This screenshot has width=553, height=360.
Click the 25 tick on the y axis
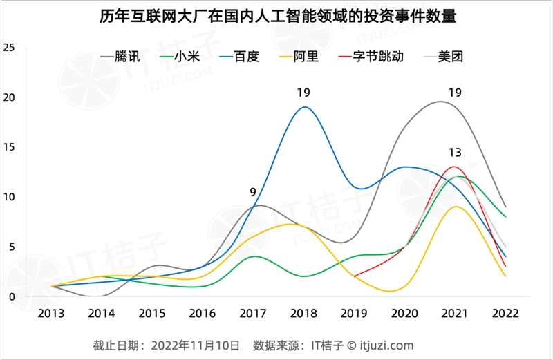tap(9, 48)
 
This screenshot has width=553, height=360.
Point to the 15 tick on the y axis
tap(9, 147)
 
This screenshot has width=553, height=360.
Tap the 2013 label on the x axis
tap(51, 313)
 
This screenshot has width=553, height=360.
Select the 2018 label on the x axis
tap(303, 313)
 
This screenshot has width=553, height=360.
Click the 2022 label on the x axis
tap(505, 313)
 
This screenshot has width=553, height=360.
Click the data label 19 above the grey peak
tap(455, 93)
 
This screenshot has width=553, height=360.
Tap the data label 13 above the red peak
tap(455, 153)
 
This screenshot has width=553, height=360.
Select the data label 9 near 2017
tap(254, 192)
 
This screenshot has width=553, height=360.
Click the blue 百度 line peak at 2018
tap(304, 107)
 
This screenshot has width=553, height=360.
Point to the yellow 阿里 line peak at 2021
tap(455, 207)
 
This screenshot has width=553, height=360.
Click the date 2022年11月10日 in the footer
tap(196, 344)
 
